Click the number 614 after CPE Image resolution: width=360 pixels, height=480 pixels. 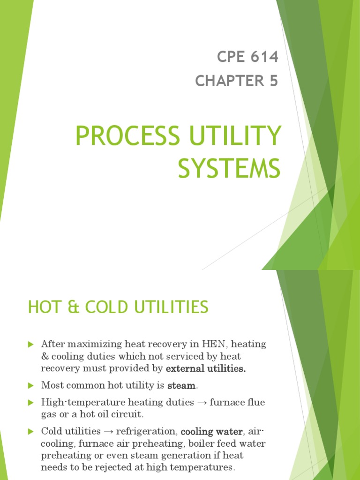(x=264, y=57)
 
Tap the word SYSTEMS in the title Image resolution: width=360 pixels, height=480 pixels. (x=229, y=169)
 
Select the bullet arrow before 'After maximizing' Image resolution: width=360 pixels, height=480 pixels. (x=31, y=345)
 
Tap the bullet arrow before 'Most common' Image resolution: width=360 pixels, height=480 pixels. (x=31, y=386)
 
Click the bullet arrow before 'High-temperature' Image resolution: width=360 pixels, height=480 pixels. (x=31, y=402)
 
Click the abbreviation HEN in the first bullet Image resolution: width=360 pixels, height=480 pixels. (x=215, y=345)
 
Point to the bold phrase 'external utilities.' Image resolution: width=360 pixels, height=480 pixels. (x=206, y=369)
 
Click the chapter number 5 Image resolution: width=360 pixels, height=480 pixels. (x=273, y=81)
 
